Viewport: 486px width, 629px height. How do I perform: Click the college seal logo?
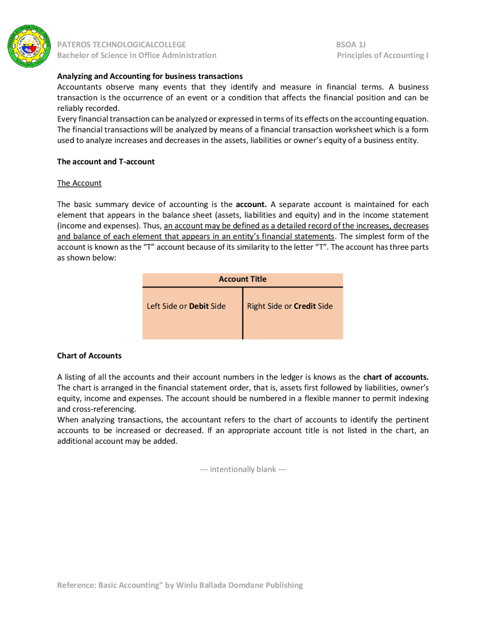point(29,46)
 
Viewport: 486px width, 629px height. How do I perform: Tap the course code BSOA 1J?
point(350,44)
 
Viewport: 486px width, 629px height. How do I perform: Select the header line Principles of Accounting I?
point(382,55)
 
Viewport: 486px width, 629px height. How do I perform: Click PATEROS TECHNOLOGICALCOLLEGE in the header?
point(121,44)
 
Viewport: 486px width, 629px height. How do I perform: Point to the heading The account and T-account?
point(106,161)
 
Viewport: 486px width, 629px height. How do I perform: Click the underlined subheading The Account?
point(79,183)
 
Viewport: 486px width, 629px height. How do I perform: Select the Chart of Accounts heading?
point(89,356)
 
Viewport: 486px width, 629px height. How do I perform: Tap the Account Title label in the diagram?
point(242,279)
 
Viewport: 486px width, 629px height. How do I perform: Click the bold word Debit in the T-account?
point(199,306)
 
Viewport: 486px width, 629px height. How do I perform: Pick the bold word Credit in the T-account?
point(305,306)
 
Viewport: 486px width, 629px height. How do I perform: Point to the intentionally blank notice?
point(243,469)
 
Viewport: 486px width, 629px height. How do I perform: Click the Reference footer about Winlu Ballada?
point(180,585)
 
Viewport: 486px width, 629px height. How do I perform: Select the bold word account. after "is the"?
point(251,204)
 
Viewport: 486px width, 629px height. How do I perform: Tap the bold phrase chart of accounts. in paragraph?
point(396,377)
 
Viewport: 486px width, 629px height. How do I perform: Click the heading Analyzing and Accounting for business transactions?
point(150,76)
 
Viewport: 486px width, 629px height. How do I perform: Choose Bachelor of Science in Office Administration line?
point(137,55)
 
